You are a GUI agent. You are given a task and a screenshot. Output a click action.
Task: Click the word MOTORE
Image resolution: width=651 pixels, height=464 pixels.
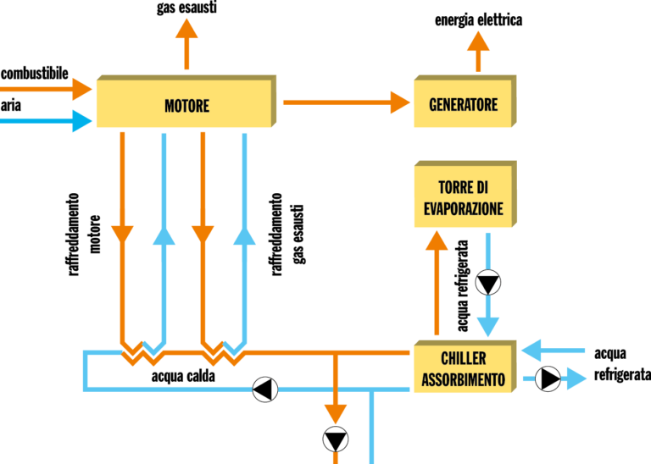186,107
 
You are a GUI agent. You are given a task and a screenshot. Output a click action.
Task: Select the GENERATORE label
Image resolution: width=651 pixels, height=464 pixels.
463,106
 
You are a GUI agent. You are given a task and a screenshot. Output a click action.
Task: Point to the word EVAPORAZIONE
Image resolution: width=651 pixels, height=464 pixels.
463,208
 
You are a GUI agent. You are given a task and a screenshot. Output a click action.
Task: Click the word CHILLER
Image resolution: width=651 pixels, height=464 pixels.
464,359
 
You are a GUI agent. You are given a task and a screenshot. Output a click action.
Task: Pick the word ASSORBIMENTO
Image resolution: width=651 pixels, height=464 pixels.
464,379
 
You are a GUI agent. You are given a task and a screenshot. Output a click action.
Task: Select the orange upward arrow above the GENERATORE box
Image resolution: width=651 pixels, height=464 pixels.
478,42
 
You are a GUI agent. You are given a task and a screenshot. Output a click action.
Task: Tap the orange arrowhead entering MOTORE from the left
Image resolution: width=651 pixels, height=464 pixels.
82,89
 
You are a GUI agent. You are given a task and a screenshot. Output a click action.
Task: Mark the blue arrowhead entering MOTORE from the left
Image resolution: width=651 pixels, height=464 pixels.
82,121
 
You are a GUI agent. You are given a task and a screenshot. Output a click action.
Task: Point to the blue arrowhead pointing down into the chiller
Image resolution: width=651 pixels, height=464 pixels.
488,327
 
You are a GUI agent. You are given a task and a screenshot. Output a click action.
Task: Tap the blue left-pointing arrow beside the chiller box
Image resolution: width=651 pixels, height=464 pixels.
542,351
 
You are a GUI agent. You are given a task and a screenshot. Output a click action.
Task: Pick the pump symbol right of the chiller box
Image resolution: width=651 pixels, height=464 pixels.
548,378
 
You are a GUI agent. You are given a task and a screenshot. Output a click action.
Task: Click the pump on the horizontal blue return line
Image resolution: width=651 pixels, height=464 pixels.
264,389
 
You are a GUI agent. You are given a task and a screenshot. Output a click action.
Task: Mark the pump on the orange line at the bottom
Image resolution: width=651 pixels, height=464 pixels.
336,439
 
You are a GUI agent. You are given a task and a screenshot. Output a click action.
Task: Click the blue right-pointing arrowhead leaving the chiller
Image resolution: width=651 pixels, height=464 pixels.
576,378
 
